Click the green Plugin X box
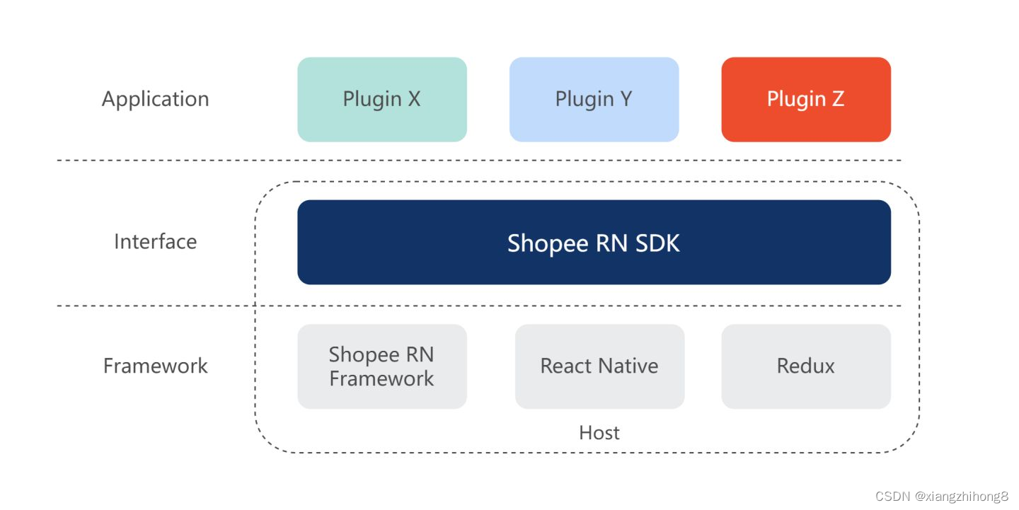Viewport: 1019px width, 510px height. pyautogui.click(x=381, y=99)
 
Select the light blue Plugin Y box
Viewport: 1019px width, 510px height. pyautogui.click(x=594, y=99)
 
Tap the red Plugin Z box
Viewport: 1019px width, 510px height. pyautogui.click(x=805, y=99)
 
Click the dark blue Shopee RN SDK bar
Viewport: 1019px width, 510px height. pyautogui.click(x=594, y=243)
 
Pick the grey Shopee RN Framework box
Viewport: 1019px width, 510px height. pyautogui.click(x=381, y=366)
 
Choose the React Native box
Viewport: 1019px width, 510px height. pyautogui.click(x=599, y=366)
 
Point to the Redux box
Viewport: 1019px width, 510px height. pyautogui.click(x=805, y=366)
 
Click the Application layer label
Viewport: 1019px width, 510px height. pyautogui.click(x=155, y=99)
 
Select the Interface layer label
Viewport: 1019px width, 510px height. pyautogui.click(x=155, y=242)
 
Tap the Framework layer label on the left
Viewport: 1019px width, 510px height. pyautogui.click(x=155, y=366)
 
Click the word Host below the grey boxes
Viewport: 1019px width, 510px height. pyautogui.click(x=599, y=432)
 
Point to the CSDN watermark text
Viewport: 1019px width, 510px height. pyautogui.click(x=892, y=496)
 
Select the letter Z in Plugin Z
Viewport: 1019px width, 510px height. pyautogui.click(x=837, y=99)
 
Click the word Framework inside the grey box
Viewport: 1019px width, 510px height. pyautogui.click(x=381, y=378)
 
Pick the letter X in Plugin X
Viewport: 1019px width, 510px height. pyautogui.click(x=413, y=99)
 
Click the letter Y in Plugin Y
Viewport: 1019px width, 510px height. pyautogui.click(x=625, y=99)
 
